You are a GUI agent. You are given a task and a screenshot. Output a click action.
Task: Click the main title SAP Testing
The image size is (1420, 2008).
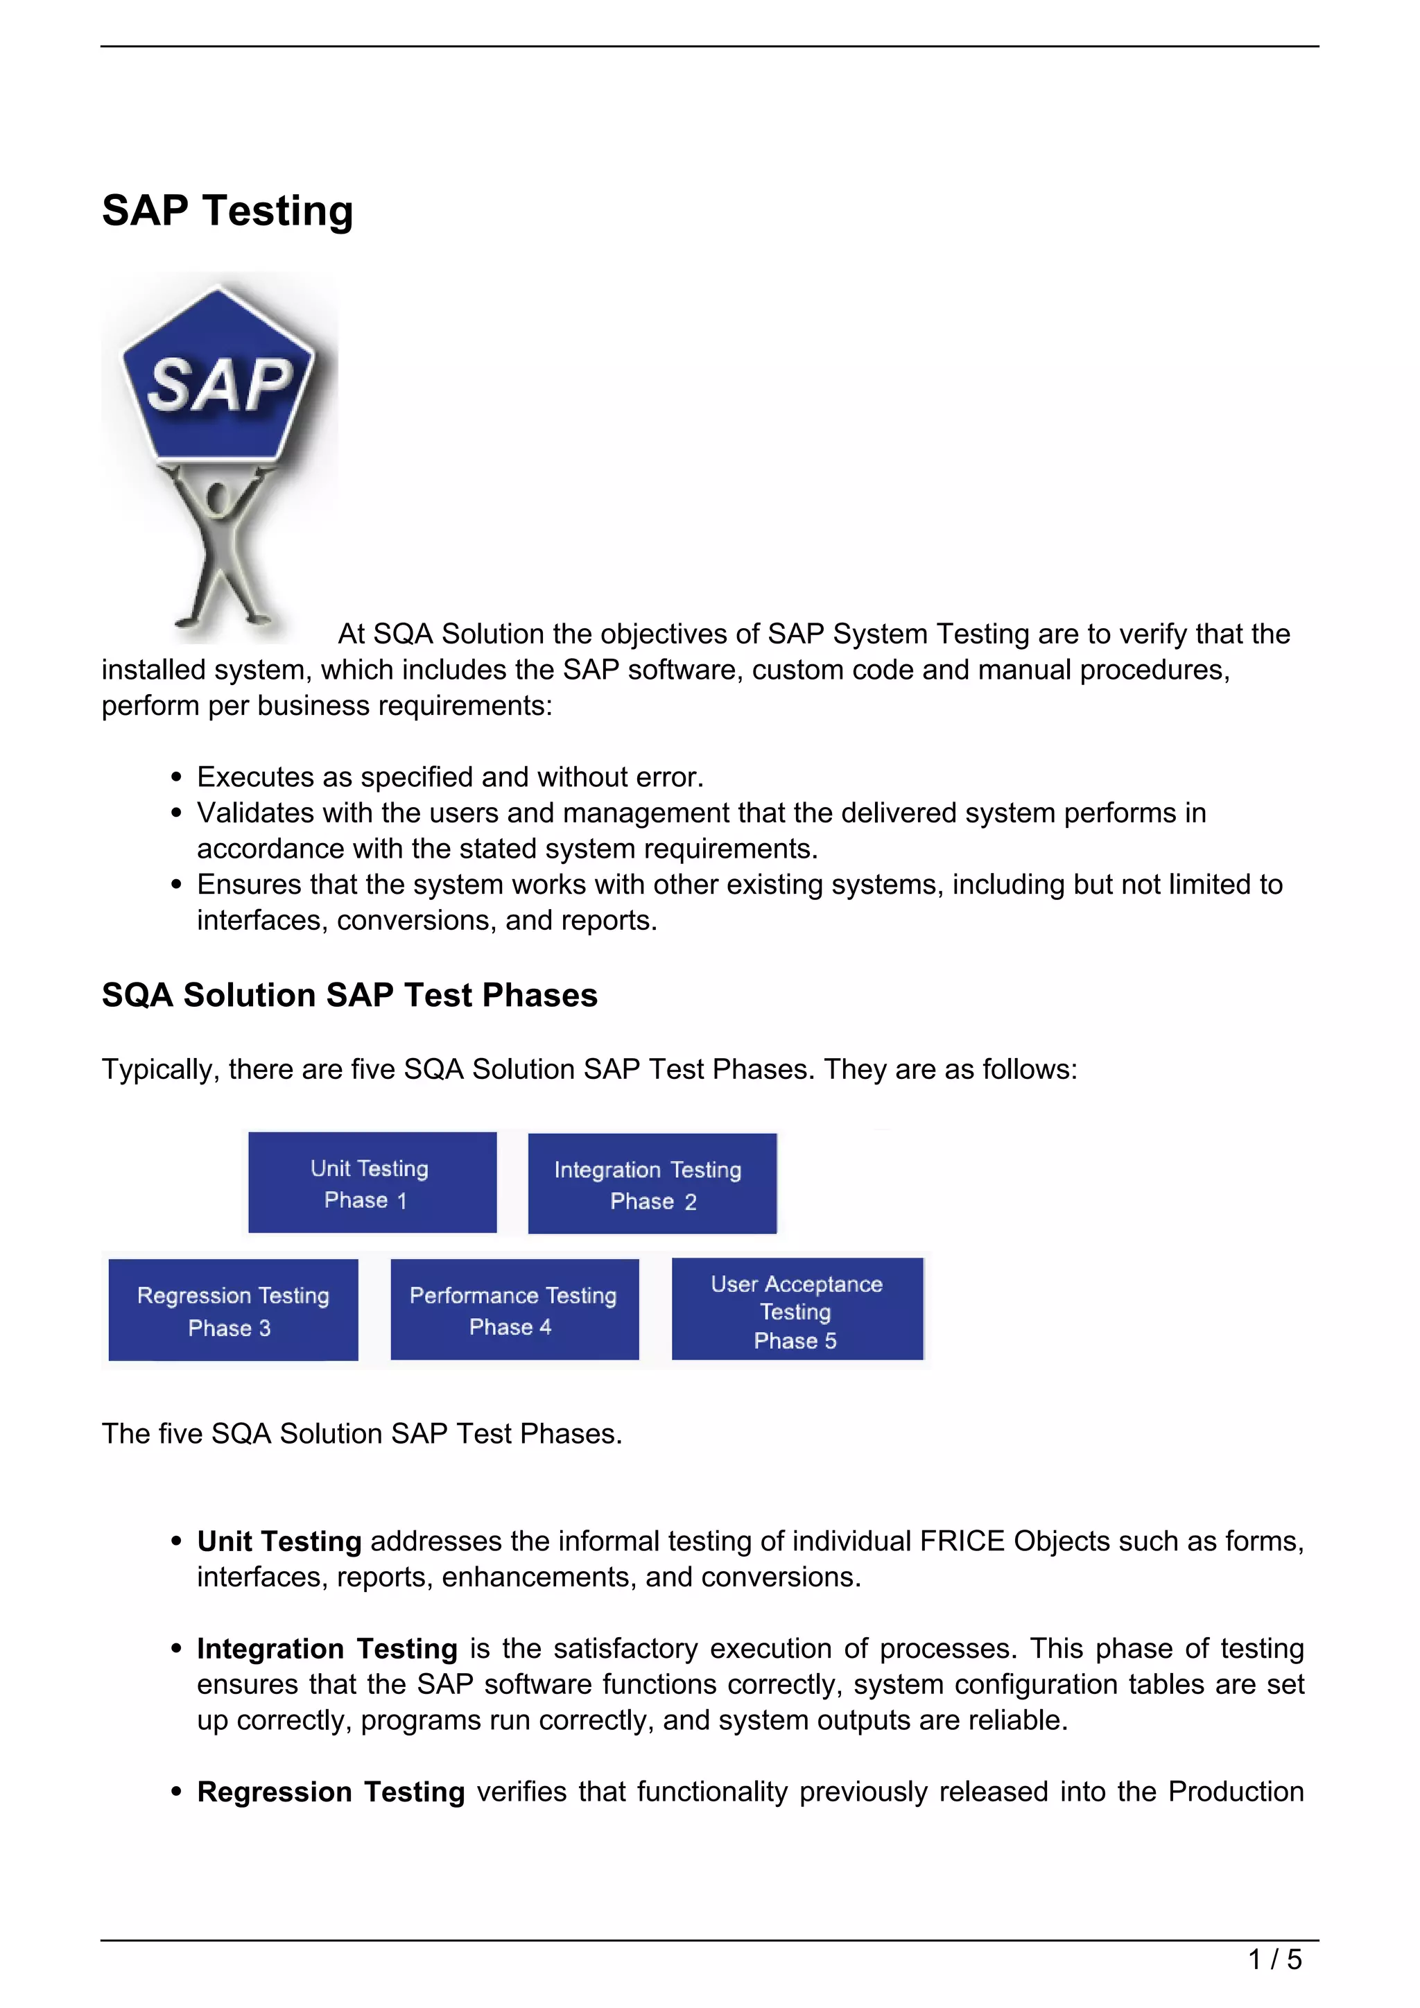pyautogui.click(x=227, y=211)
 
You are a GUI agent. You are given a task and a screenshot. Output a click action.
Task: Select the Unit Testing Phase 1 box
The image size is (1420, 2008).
pyautogui.click(x=372, y=1182)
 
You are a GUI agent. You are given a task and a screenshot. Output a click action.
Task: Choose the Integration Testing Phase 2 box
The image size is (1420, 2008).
pyautogui.click(x=652, y=1184)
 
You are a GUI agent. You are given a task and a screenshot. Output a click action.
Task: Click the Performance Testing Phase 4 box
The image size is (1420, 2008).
pyautogui.click(x=514, y=1309)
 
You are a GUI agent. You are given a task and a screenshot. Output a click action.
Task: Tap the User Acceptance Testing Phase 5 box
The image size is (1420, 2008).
pyautogui.click(x=797, y=1309)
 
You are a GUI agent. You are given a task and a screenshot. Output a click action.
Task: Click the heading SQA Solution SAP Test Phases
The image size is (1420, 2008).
pyautogui.click(x=349, y=995)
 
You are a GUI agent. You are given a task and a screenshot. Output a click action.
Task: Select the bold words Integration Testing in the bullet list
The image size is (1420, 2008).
pyautogui.click(x=327, y=1649)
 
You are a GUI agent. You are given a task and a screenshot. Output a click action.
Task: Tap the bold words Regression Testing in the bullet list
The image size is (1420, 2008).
pyautogui.click(x=331, y=1792)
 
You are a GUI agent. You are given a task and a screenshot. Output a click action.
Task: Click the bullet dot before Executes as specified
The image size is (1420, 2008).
pyautogui.click(x=177, y=777)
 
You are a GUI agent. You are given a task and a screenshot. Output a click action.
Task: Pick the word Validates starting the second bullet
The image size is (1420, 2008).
pyautogui.click(x=255, y=813)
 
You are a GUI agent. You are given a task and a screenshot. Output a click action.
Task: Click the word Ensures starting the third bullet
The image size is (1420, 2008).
pyautogui.click(x=249, y=885)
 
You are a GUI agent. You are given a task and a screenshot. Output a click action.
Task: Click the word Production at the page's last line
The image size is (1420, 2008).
pyautogui.click(x=1236, y=1792)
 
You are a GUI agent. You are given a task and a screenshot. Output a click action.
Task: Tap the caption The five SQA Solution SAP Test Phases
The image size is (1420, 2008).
pyautogui.click(x=362, y=1435)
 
